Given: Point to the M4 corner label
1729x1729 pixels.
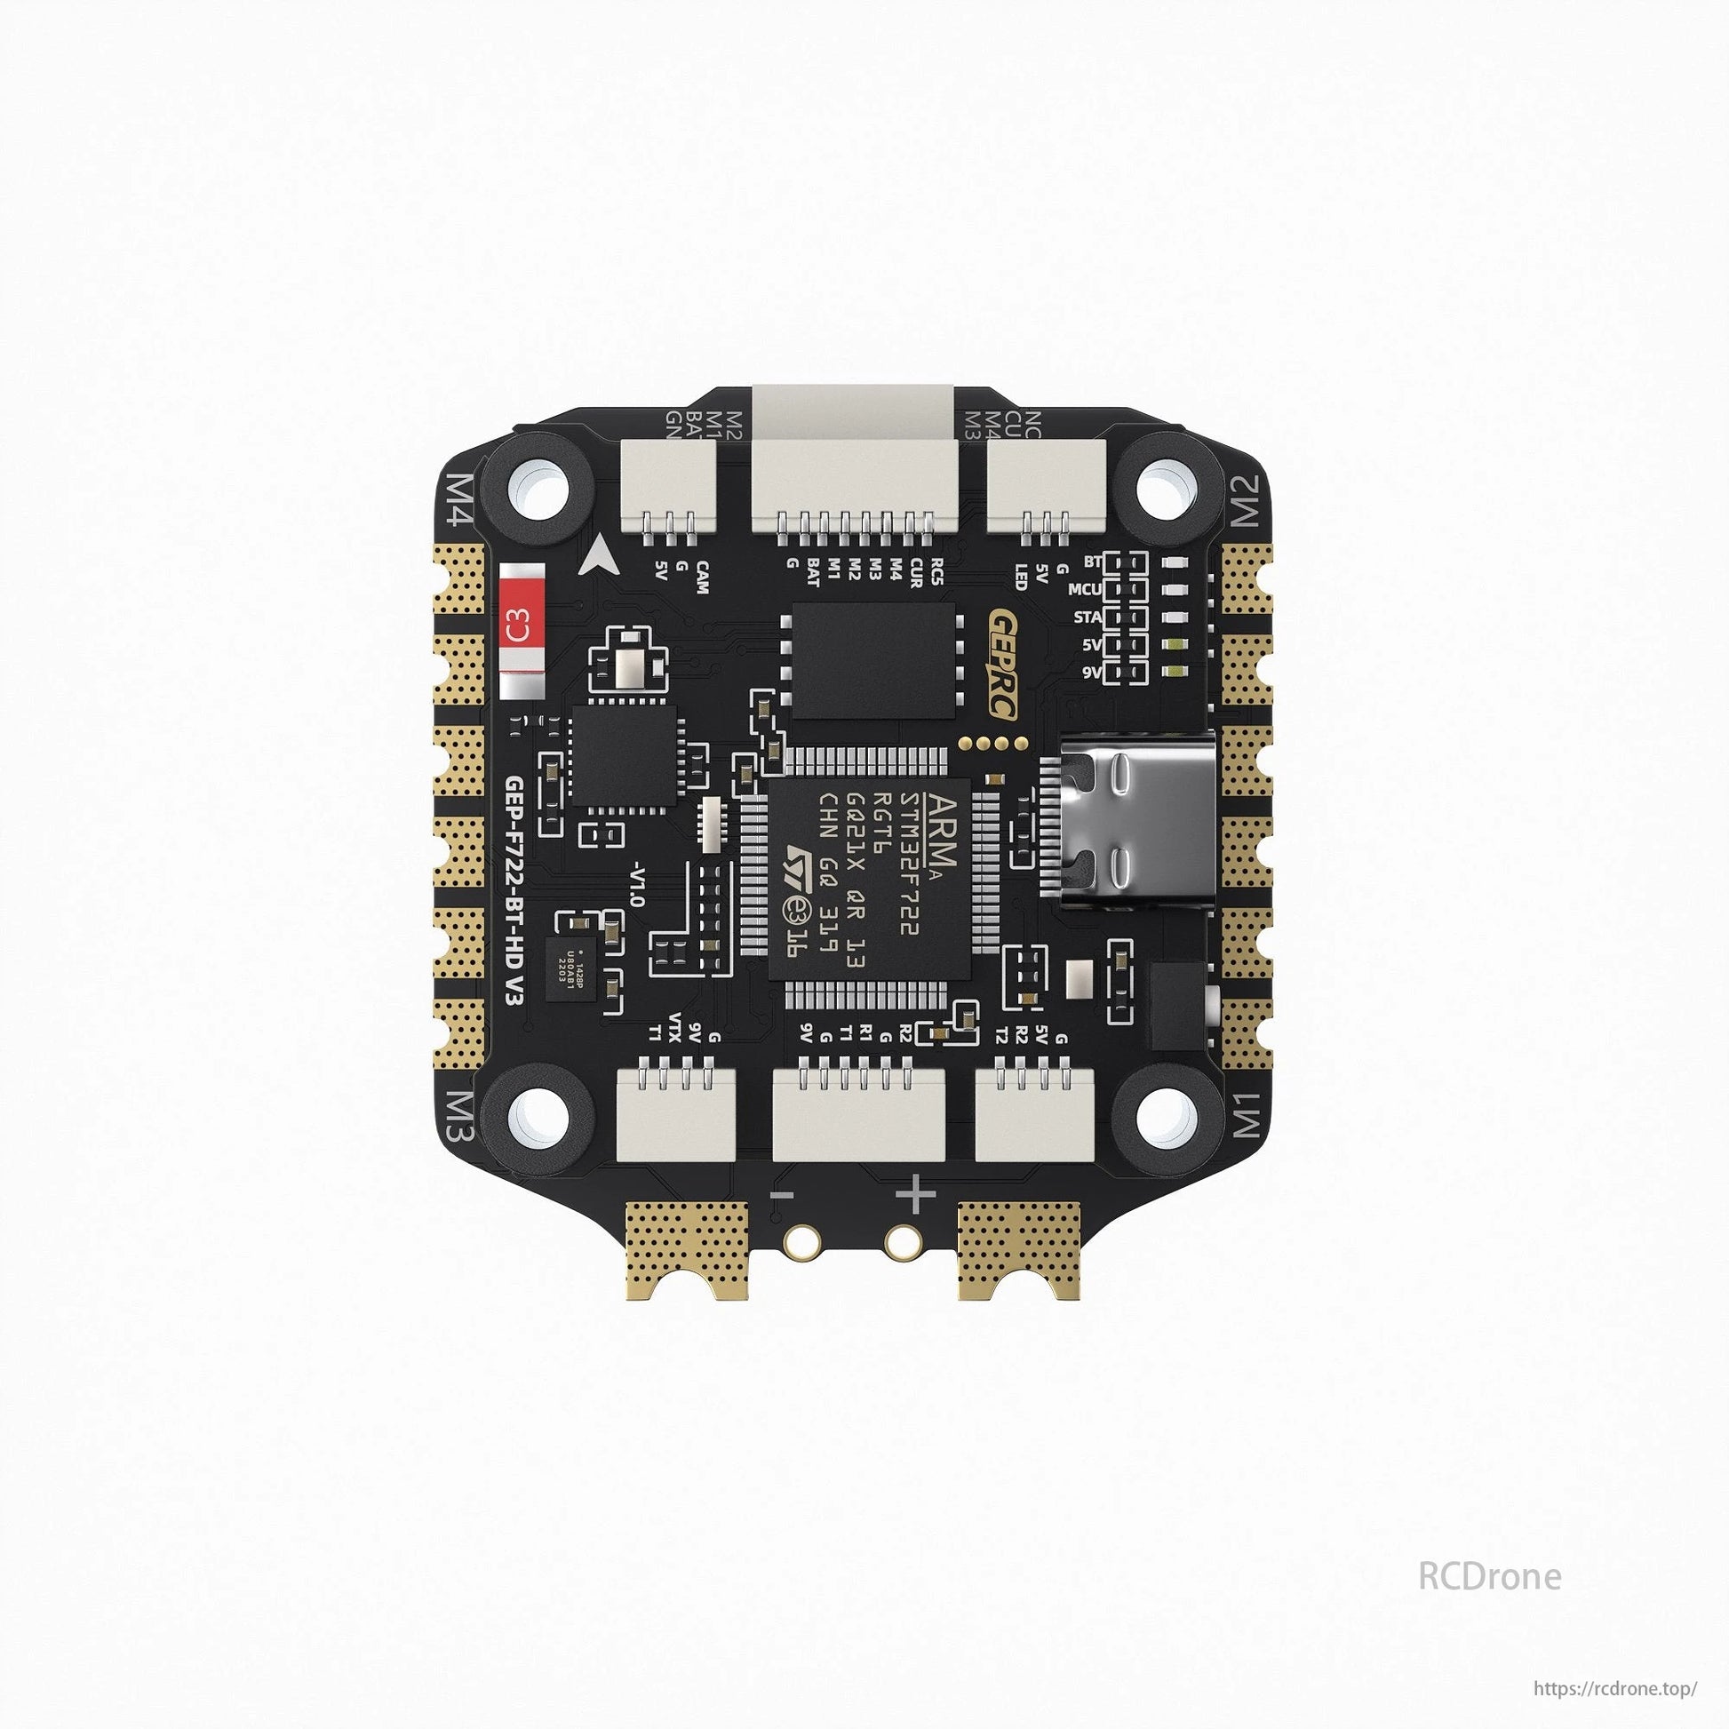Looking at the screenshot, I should click(468, 502).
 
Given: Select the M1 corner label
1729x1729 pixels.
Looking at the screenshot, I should click(1247, 1115).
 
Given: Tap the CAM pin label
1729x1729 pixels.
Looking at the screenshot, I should click(703, 571).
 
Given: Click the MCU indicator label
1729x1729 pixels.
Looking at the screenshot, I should click(1084, 590).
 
